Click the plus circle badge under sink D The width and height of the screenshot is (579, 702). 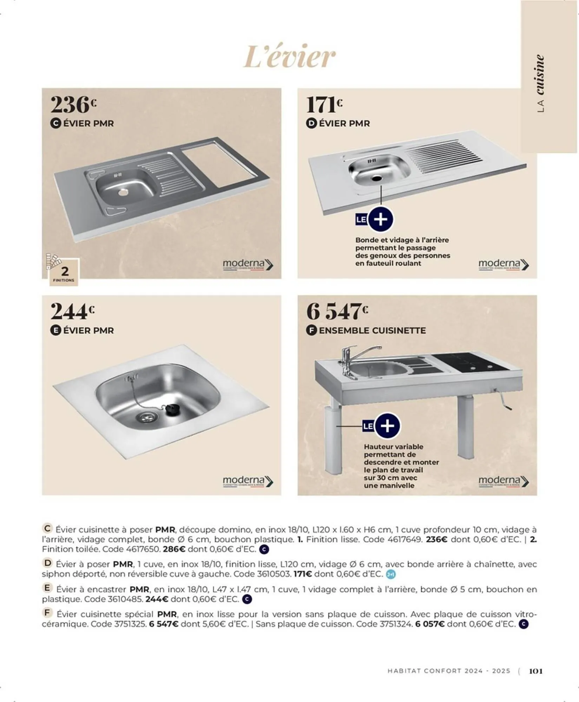[381, 220]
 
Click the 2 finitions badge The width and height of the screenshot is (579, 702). [64, 272]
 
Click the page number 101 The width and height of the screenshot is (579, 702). [535, 671]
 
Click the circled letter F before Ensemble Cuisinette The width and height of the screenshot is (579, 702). [311, 330]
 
